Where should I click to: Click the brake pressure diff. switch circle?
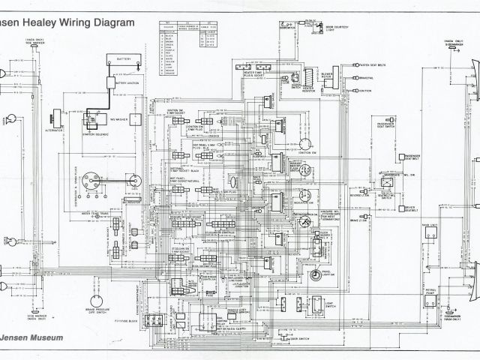[96, 286]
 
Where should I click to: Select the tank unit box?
[430, 232]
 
